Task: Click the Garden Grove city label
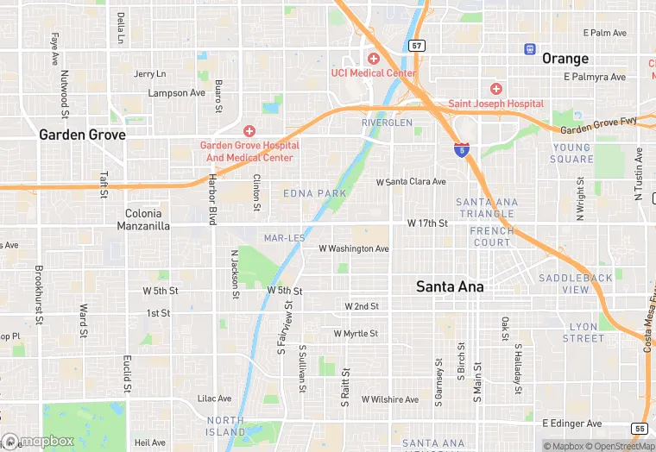point(82,135)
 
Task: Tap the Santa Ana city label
point(450,286)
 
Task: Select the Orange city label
point(565,59)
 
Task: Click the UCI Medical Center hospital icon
point(374,59)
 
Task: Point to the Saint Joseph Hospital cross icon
point(496,89)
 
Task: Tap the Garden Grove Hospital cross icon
point(249,131)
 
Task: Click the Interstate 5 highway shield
point(463,150)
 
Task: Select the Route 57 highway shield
point(418,45)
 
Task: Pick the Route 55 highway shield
point(639,429)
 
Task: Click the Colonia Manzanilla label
point(143,219)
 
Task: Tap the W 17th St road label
point(427,223)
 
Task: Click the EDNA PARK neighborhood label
point(315,193)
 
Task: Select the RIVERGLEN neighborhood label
point(388,123)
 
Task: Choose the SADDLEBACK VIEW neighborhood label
point(576,284)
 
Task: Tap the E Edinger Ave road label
point(571,424)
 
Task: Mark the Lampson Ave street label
point(177,92)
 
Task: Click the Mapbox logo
point(38,441)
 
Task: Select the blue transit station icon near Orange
point(529,49)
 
